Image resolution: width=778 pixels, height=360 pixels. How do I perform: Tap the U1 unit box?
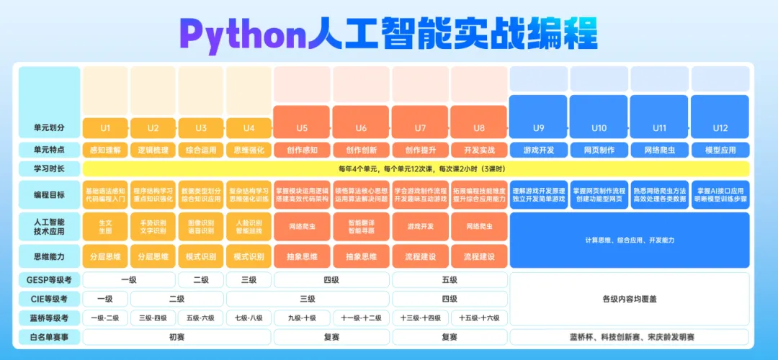(x=105, y=128)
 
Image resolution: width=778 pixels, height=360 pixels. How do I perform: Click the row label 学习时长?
(x=50, y=168)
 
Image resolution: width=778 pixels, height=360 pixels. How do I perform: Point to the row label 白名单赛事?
(x=50, y=336)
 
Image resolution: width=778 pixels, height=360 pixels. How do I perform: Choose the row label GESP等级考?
(x=50, y=279)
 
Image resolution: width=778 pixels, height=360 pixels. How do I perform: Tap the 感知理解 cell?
(x=105, y=150)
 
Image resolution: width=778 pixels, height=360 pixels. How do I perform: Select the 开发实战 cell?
(x=479, y=150)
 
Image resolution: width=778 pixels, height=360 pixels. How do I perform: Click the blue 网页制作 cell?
(x=599, y=150)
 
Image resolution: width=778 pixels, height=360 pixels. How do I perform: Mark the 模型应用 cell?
(x=720, y=150)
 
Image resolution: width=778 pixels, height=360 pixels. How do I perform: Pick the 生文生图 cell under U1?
(x=105, y=227)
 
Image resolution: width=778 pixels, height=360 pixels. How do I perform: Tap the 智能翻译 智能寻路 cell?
(x=361, y=227)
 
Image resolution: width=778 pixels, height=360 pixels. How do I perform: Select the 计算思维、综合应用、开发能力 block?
(x=629, y=240)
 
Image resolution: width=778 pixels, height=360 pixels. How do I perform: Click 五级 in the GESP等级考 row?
(x=450, y=279)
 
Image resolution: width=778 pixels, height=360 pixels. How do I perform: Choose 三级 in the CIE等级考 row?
(x=307, y=299)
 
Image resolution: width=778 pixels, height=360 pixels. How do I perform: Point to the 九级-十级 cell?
(x=302, y=318)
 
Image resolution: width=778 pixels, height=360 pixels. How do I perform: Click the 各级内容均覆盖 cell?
(x=629, y=299)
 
